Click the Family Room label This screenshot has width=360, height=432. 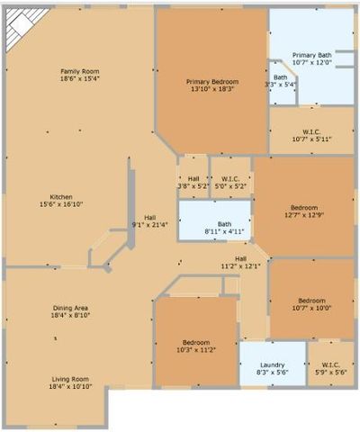(79, 72)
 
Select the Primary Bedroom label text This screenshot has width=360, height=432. (212, 81)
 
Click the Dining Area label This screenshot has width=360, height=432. (69, 308)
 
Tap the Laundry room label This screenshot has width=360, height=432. (272, 364)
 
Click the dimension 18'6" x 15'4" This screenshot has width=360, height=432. (79, 79)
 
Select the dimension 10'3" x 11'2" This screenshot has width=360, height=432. (197, 350)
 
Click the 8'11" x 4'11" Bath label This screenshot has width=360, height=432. (224, 231)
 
